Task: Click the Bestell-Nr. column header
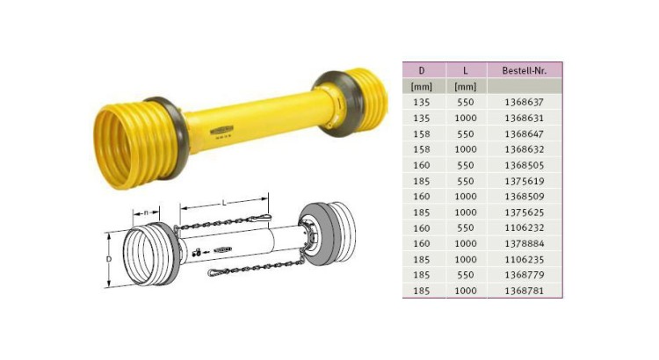point(524,70)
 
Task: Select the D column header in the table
point(421,70)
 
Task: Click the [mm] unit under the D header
point(421,86)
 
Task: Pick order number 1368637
point(524,102)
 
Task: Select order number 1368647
point(524,133)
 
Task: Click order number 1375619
point(524,180)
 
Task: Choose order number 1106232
point(524,227)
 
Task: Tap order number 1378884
point(524,243)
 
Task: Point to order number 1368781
point(524,290)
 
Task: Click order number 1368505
point(524,164)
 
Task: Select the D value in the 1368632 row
point(421,149)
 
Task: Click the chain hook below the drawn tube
point(218,274)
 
